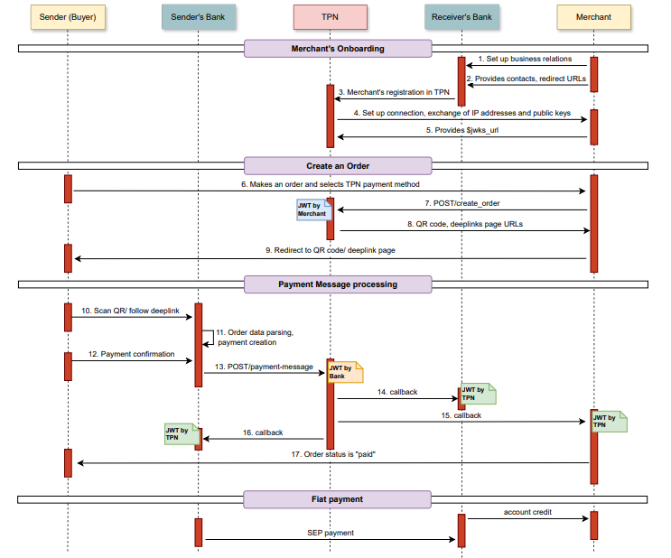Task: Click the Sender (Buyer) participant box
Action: coord(68,17)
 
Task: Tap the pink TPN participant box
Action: coord(330,17)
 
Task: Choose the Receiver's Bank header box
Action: coord(461,17)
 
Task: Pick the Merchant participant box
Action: coord(593,17)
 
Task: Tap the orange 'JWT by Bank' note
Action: coord(345,371)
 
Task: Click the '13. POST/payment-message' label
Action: coord(264,367)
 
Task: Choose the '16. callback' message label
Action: coord(263,432)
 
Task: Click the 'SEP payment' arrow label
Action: coord(331,533)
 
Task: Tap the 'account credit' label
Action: coord(527,511)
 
